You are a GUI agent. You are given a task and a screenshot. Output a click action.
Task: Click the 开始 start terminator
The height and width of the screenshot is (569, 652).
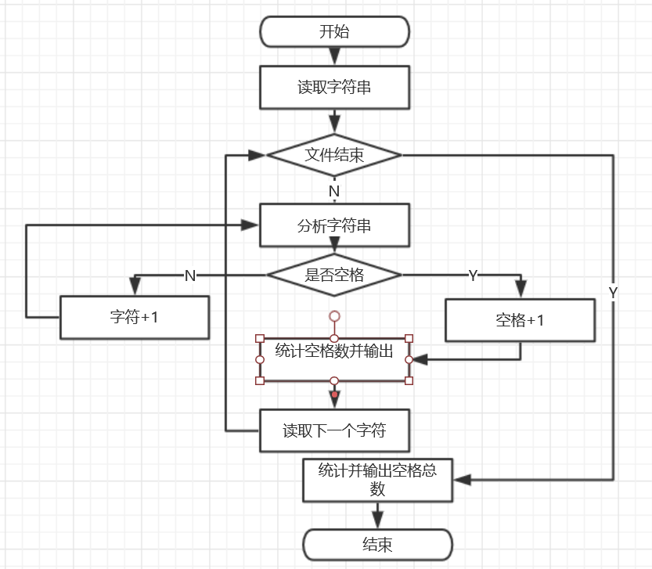coord(334,32)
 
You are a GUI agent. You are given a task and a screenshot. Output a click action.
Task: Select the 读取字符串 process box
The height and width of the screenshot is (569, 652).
coord(334,87)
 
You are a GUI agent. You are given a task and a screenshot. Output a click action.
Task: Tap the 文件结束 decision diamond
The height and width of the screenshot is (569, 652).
coord(334,155)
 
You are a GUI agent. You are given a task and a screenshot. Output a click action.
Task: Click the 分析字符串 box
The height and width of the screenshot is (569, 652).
coord(334,226)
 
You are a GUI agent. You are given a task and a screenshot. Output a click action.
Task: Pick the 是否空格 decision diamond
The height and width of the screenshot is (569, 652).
coord(334,275)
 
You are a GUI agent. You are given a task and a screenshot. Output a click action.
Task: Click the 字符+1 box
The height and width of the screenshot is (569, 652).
coord(135,318)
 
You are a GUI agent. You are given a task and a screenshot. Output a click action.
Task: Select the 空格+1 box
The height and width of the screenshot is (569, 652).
coord(520,320)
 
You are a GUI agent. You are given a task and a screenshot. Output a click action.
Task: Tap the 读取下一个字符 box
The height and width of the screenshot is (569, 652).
coord(334,430)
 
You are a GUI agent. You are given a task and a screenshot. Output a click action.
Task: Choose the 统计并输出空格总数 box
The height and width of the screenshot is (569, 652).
coord(377,480)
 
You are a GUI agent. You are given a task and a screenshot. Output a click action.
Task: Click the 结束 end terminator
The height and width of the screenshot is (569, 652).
coord(377,545)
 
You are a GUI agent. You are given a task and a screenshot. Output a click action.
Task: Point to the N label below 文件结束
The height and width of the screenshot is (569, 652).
coord(334,191)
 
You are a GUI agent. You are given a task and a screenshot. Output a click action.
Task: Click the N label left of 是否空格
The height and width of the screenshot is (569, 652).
coord(189,275)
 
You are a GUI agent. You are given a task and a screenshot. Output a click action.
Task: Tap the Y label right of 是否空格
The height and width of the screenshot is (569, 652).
coord(473,275)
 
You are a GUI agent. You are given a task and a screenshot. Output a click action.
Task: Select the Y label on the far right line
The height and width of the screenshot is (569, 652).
coord(613,292)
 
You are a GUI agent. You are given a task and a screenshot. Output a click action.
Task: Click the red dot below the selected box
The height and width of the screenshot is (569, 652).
coord(334,394)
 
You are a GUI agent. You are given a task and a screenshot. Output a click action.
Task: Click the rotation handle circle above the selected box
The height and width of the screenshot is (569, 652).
coord(334,316)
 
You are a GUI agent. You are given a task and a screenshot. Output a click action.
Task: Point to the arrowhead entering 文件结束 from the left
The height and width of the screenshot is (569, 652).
coord(258,155)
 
